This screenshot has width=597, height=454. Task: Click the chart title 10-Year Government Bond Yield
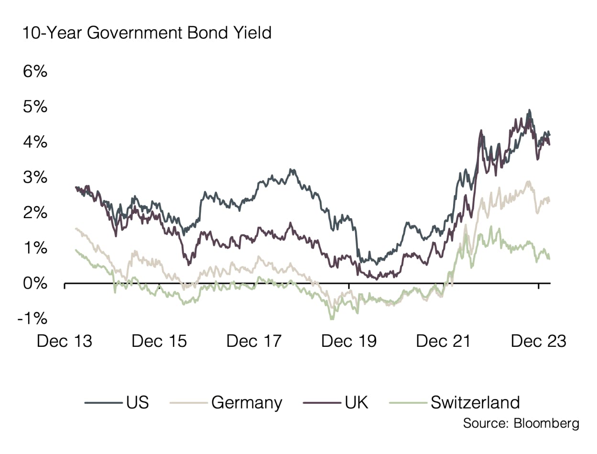pos(146,33)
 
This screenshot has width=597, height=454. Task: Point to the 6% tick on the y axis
pos(35,72)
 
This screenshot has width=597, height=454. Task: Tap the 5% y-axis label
pos(35,107)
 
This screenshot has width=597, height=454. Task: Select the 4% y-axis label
pos(35,142)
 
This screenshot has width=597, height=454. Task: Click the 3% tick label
pos(35,177)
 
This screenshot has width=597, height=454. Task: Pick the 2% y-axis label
pos(35,213)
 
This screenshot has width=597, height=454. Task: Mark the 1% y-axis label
pos(35,248)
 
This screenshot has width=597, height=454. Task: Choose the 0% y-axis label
pos(35,283)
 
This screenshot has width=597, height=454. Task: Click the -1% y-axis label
pos(32,319)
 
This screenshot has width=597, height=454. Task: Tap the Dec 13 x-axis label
pos(64,341)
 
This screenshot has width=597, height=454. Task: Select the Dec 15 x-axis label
pos(159,341)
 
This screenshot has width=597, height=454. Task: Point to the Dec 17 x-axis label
pos(254,341)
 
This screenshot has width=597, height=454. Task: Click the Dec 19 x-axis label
pos(349,341)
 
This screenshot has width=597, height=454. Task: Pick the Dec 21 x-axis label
pos(444,341)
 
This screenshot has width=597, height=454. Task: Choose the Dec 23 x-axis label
pos(539,341)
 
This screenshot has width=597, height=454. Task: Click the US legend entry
pos(138,402)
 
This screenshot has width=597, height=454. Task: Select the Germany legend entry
pos(247,403)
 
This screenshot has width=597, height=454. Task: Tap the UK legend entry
pos(357,402)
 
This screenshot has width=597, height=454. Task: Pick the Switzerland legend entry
pos(475,402)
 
